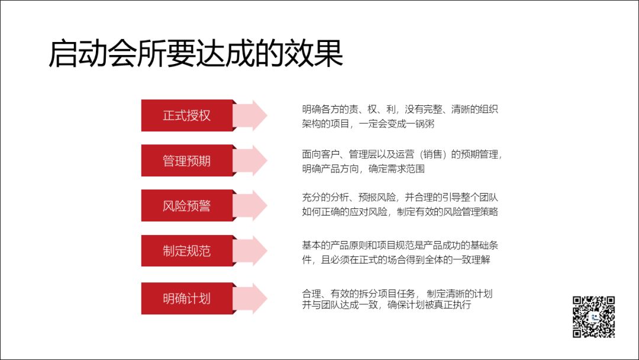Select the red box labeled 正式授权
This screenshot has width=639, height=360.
pyautogui.click(x=187, y=115)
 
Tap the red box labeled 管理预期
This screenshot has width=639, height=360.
pyautogui.click(x=187, y=160)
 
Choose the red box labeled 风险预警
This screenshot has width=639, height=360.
pyautogui.click(x=187, y=206)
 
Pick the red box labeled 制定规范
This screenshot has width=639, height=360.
pyautogui.click(x=187, y=250)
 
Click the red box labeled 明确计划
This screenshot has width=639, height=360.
pyautogui.click(x=187, y=298)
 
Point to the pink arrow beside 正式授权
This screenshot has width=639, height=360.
pyautogui.click(x=253, y=115)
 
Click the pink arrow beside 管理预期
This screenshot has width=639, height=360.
pyautogui.click(x=253, y=160)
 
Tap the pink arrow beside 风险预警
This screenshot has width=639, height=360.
pyautogui.click(x=253, y=206)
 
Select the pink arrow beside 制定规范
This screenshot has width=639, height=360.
pyautogui.click(x=253, y=250)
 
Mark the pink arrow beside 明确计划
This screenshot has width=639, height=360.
pyautogui.click(x=253, y=298)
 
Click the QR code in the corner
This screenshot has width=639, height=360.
pyautogui.click(x=593, y=317)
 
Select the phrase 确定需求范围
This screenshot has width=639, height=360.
pyautogui.click(x=396, y=169)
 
